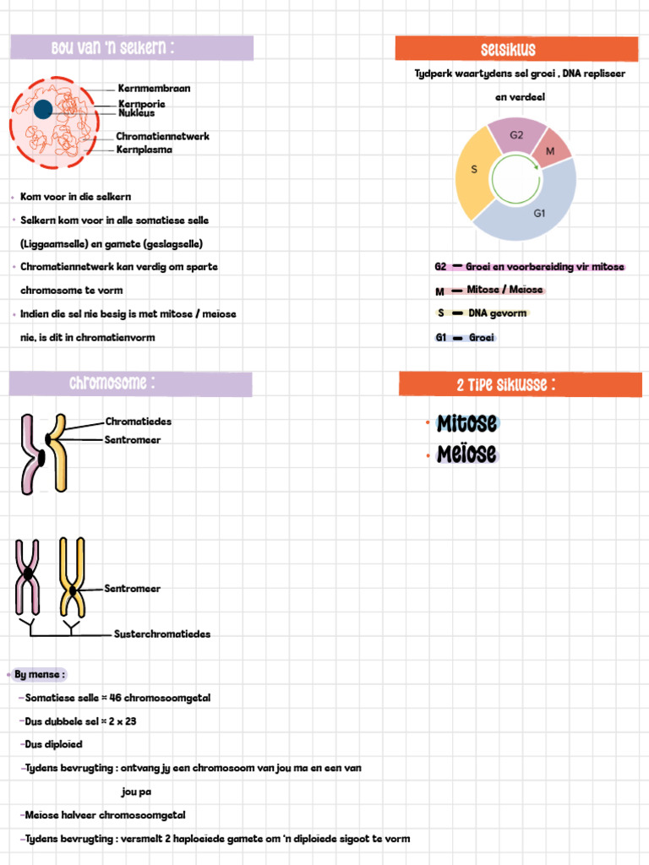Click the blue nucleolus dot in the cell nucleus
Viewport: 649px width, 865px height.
click(x=43, y=109)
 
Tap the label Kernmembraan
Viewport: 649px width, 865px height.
click(x=154, y=88)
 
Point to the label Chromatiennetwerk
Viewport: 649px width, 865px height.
click(x=162, y=136)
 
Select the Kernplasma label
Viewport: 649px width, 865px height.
click(x=144, y=150)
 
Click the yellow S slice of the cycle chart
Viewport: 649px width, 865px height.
click(x=475, y=170)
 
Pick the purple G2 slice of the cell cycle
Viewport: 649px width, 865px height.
click(x=517, y=134)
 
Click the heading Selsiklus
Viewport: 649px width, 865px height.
click(x=508, y=50)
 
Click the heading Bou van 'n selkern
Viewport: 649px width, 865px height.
click(x=112, y=47)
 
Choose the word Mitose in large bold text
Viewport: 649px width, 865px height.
click(x=466, y=424)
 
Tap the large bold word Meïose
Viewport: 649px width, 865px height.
click(x=466, y=454)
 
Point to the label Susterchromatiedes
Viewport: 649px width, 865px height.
click(x=162, y=634)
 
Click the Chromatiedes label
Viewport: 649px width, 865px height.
click(x=139, y=422)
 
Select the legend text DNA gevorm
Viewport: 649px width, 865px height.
click(x=498, y=313)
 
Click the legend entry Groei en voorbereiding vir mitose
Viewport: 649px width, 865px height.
click(x=545, y=267)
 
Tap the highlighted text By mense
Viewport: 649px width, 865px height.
click(x=39, y=674)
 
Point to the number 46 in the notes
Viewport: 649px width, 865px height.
click(x=115, y=698)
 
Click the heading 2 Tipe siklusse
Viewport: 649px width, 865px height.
click(x=505, y=384)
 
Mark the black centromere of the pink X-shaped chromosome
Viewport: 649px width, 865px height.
click(x=28, y=574)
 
